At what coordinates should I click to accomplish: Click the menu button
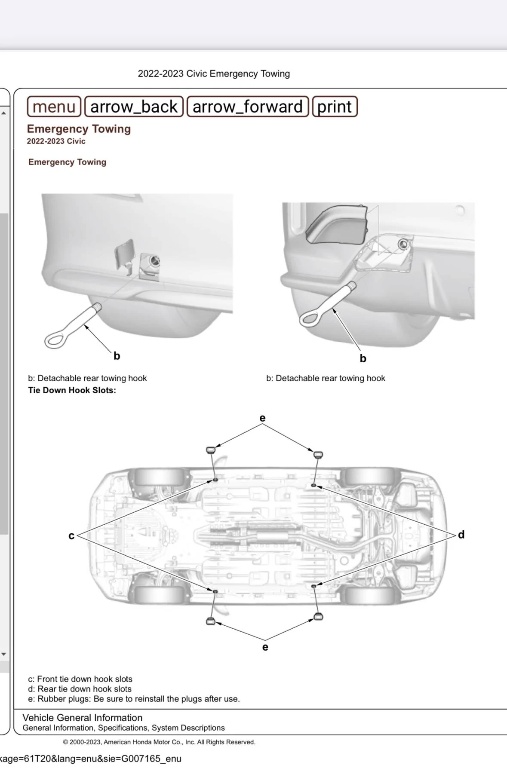54,107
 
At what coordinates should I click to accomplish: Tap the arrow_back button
134,107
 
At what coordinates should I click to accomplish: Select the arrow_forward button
248,107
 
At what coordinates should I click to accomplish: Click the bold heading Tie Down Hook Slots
72,390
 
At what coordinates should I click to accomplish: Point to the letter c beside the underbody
71,535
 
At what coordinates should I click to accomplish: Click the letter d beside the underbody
461,535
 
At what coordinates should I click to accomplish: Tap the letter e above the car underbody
262,418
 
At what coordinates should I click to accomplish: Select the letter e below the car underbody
265,647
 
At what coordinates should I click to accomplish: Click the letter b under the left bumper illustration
117,356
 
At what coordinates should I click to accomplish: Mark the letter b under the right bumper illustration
363,358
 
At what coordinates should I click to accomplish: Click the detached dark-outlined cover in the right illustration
338,225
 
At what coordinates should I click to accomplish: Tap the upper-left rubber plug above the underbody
210,450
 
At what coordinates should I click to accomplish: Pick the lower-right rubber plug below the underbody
318,617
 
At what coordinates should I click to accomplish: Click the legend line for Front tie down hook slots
80,679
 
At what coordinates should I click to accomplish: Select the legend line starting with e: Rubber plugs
134,699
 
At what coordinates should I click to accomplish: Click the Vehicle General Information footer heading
82,718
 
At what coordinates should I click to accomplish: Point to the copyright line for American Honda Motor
159,742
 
